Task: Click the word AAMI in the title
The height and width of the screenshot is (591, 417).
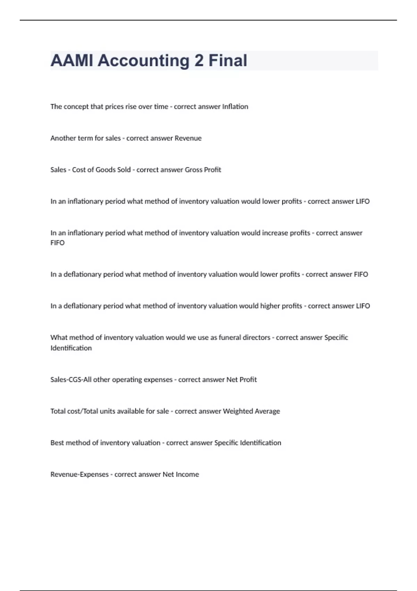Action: coord(72,60)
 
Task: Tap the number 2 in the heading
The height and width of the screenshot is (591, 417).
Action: coord(199,60)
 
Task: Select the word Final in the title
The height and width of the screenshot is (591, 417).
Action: coord(228,60)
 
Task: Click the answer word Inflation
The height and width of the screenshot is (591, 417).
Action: coord(235,106)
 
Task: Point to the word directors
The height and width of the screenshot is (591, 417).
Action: coord(256,338)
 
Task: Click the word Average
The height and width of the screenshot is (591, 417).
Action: coord(267,411)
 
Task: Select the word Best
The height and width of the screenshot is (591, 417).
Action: coord(57,443)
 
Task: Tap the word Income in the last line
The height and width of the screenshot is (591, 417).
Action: coord(187,475)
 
